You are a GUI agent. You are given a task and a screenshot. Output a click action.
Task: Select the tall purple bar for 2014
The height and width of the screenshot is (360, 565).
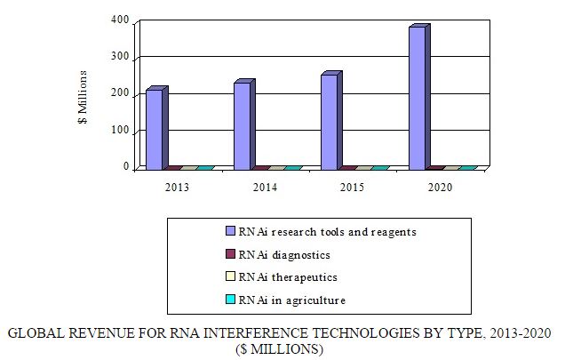pos(242,125)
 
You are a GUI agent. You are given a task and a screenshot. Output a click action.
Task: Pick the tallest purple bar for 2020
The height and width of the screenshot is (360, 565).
pos(416,98)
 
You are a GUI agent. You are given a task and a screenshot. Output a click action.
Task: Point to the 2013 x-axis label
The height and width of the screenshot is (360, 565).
pos(177,188)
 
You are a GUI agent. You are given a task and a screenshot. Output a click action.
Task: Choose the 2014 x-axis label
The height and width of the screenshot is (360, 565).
pos(264,188)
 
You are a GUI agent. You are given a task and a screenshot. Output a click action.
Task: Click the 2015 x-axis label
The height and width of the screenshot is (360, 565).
pos(351,188)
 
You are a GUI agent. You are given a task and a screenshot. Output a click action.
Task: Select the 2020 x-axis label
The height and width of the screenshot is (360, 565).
pos(438,188)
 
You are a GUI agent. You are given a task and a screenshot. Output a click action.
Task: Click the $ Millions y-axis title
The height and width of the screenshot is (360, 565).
pos(83,97)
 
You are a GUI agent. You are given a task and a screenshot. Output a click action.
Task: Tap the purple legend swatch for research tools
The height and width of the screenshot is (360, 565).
pos(230,232)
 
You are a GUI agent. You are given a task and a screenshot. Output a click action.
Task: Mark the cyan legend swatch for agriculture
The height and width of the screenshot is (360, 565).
pos(230,300)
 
